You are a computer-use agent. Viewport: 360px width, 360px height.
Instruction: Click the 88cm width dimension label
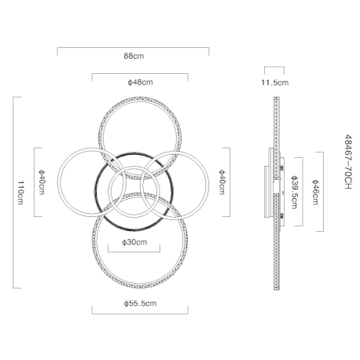coord(134,56)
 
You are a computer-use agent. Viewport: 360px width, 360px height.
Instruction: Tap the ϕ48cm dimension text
coord(140,83)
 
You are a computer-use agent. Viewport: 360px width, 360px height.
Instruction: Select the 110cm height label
coord(20,193)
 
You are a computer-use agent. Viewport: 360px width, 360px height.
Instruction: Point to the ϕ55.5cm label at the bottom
coord(140,303)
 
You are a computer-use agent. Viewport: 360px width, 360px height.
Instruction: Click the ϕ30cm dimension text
coord(134,242)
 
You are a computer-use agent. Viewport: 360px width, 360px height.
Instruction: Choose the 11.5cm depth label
coord(275,83)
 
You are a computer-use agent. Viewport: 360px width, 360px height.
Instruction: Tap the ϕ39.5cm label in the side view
coord(294,192)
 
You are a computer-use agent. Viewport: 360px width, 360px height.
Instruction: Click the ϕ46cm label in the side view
coord(315,192)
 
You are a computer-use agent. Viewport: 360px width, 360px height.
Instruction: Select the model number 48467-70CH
coord(348,162)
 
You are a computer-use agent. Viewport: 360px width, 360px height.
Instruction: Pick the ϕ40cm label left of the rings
coord(42,182)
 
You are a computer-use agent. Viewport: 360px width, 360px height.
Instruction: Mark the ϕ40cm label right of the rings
coord(222,182)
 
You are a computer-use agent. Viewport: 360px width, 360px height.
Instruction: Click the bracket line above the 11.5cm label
coord(274,67)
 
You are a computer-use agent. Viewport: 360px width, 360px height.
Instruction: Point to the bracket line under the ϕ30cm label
coord(134,252)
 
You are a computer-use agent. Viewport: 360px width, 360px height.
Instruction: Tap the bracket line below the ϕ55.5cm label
coord(140,314)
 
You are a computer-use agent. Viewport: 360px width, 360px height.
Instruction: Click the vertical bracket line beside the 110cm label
coord(13,193)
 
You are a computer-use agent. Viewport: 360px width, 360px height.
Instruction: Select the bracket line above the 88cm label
coord(133,48)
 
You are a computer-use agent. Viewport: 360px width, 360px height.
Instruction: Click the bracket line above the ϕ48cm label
coord(140,74)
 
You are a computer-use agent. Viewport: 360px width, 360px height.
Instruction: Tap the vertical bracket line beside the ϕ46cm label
coord(323,192)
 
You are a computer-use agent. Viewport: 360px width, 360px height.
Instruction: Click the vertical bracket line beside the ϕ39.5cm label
coord(303,192)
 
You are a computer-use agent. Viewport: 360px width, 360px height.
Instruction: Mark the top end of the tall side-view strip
coord(277,97)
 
